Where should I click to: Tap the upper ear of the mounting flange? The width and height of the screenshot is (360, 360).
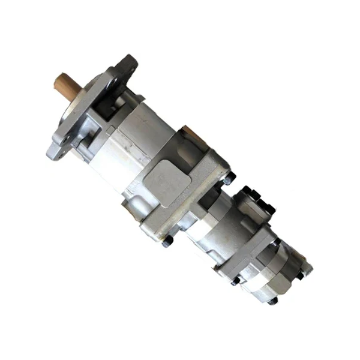click(x=127, y=64)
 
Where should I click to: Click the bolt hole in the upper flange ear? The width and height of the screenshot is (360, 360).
click(x=127, y=62)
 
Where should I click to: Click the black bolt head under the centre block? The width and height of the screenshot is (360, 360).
click(x=168, y=241)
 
